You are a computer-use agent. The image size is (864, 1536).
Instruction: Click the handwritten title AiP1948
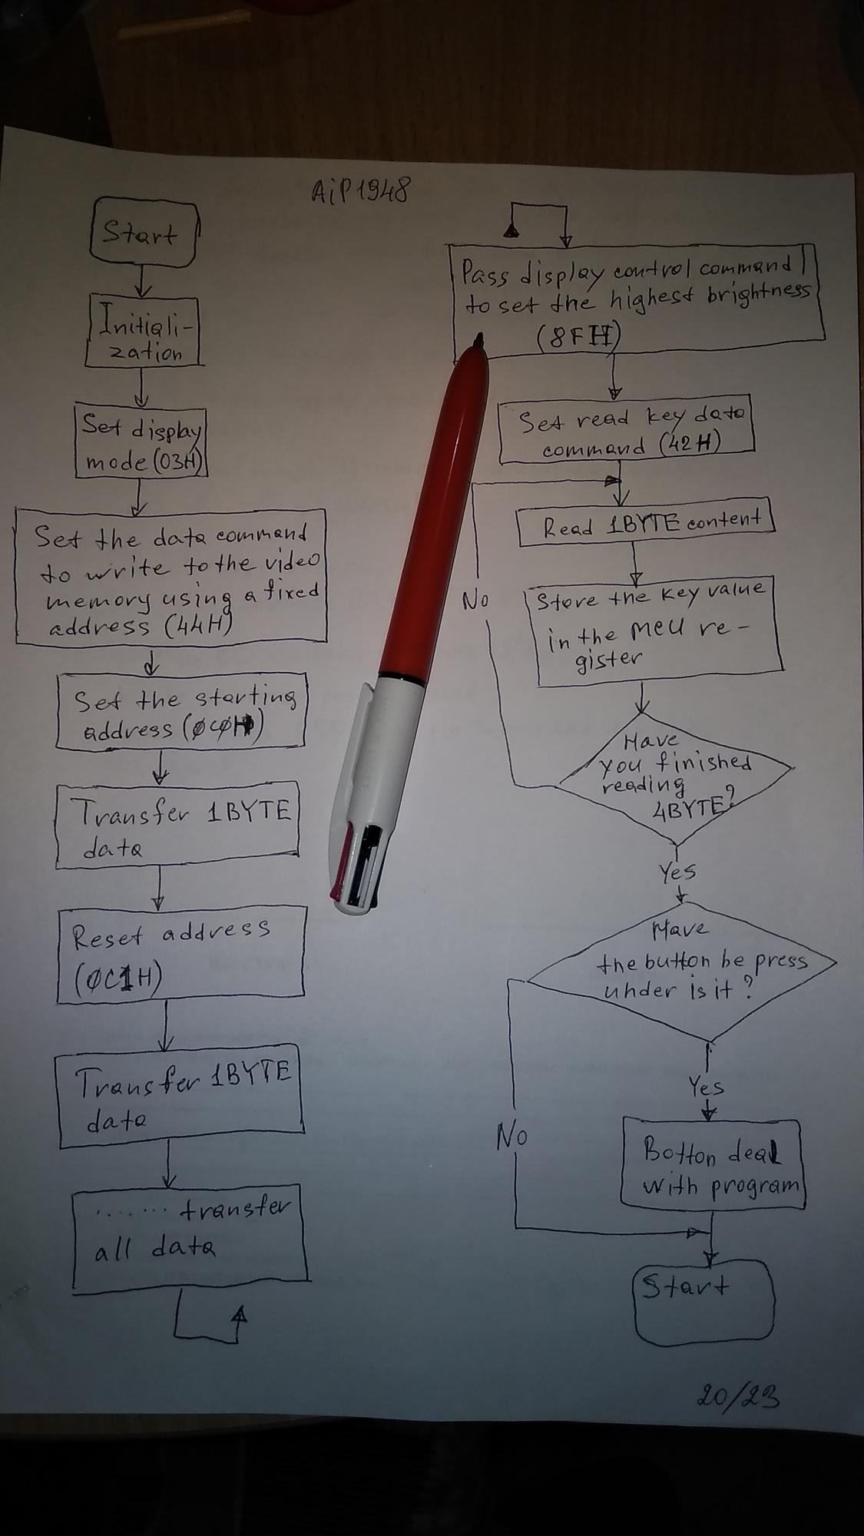359,188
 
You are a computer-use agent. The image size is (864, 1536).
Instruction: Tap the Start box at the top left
143,233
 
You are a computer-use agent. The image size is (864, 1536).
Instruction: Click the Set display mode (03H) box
141,442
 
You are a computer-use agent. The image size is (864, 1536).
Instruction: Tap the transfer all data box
189,1236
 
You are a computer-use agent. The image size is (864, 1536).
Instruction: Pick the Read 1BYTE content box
646,525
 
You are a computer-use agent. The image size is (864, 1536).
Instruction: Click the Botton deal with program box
712,1164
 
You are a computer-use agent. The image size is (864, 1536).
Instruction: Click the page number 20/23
738,1395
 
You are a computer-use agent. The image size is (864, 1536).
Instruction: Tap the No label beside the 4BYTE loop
475,601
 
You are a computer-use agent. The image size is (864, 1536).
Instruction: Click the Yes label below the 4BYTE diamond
677,872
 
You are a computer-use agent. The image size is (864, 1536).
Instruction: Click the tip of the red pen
480,338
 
